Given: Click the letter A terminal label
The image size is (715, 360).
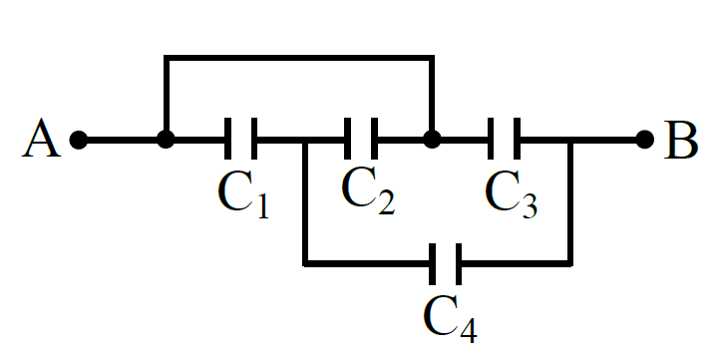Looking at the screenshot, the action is tap(42, 139).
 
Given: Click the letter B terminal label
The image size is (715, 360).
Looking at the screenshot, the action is tap(680, 140).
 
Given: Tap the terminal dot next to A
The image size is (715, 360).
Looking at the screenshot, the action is tap(79, 140).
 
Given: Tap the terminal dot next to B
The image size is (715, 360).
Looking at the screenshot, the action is tap(645, 140).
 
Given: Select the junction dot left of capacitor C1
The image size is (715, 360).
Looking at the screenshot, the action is tap(166, 140).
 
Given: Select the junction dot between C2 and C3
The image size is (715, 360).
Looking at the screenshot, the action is tap(432, 140).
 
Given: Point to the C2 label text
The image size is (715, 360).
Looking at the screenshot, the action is tap(368, 190).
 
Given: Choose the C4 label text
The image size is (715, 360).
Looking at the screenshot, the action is tap(450, 318).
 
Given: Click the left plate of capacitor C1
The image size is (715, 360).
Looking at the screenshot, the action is tap(228, 139).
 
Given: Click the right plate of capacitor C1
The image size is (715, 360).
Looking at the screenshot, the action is tap(254, 139).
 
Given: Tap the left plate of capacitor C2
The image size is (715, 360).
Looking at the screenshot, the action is tap(347, 139).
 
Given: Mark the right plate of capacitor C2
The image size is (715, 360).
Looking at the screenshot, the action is tap(374, 139).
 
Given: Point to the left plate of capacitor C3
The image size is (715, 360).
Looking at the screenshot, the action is tap(491, 139).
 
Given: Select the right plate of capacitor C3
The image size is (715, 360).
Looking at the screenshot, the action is tap(518, 139).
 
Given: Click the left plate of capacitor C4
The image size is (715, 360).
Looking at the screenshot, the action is tap(432, 264).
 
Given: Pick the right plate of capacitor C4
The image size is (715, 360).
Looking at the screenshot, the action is tap(459, 264).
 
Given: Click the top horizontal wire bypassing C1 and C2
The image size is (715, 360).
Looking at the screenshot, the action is tap(299, 58).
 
